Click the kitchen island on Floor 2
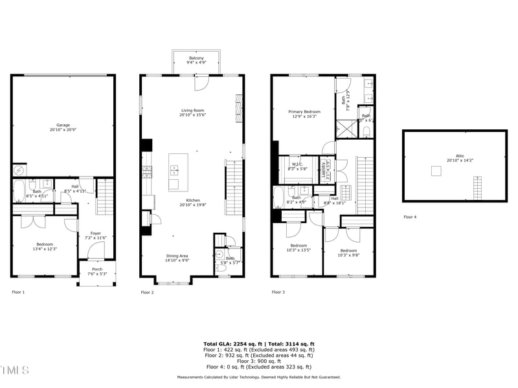[x=178, y=172]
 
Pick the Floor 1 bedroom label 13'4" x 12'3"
[x=44, y=246]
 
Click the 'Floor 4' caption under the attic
[x=410, y=217]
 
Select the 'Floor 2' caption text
[x=148, y=292]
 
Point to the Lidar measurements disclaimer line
[x=259, y=377]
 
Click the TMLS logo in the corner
[x=14, y=370]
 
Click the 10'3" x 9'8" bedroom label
[x=348, y=252]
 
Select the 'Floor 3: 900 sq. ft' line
[x=259, y=361]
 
